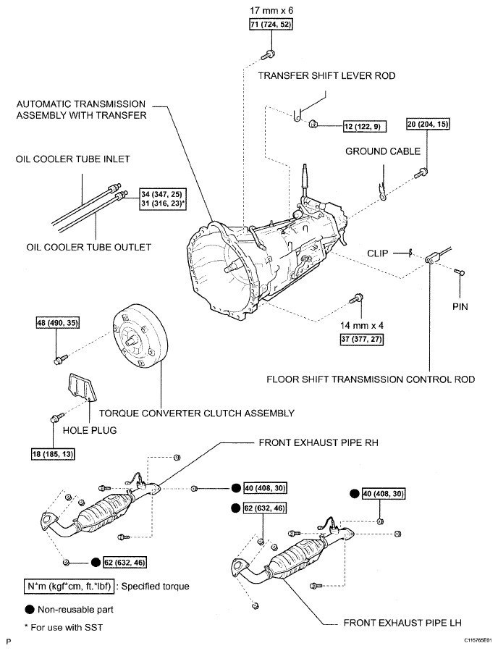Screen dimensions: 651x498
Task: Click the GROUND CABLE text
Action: point(378,151)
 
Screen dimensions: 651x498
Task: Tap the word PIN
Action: point(460,306)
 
